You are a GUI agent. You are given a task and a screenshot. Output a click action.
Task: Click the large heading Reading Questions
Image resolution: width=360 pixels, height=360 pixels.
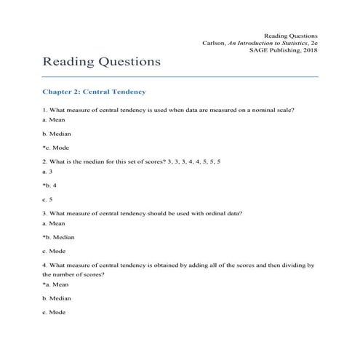101,62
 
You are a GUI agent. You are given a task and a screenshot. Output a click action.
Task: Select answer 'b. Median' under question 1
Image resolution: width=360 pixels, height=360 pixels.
56,134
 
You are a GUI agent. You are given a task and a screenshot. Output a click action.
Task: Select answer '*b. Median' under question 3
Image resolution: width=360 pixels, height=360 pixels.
58,238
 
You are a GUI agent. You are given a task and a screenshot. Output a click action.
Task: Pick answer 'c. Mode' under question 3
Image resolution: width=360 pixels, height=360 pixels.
54,251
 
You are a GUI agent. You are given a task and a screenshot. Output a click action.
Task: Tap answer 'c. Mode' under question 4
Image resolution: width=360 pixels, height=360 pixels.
54,312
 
